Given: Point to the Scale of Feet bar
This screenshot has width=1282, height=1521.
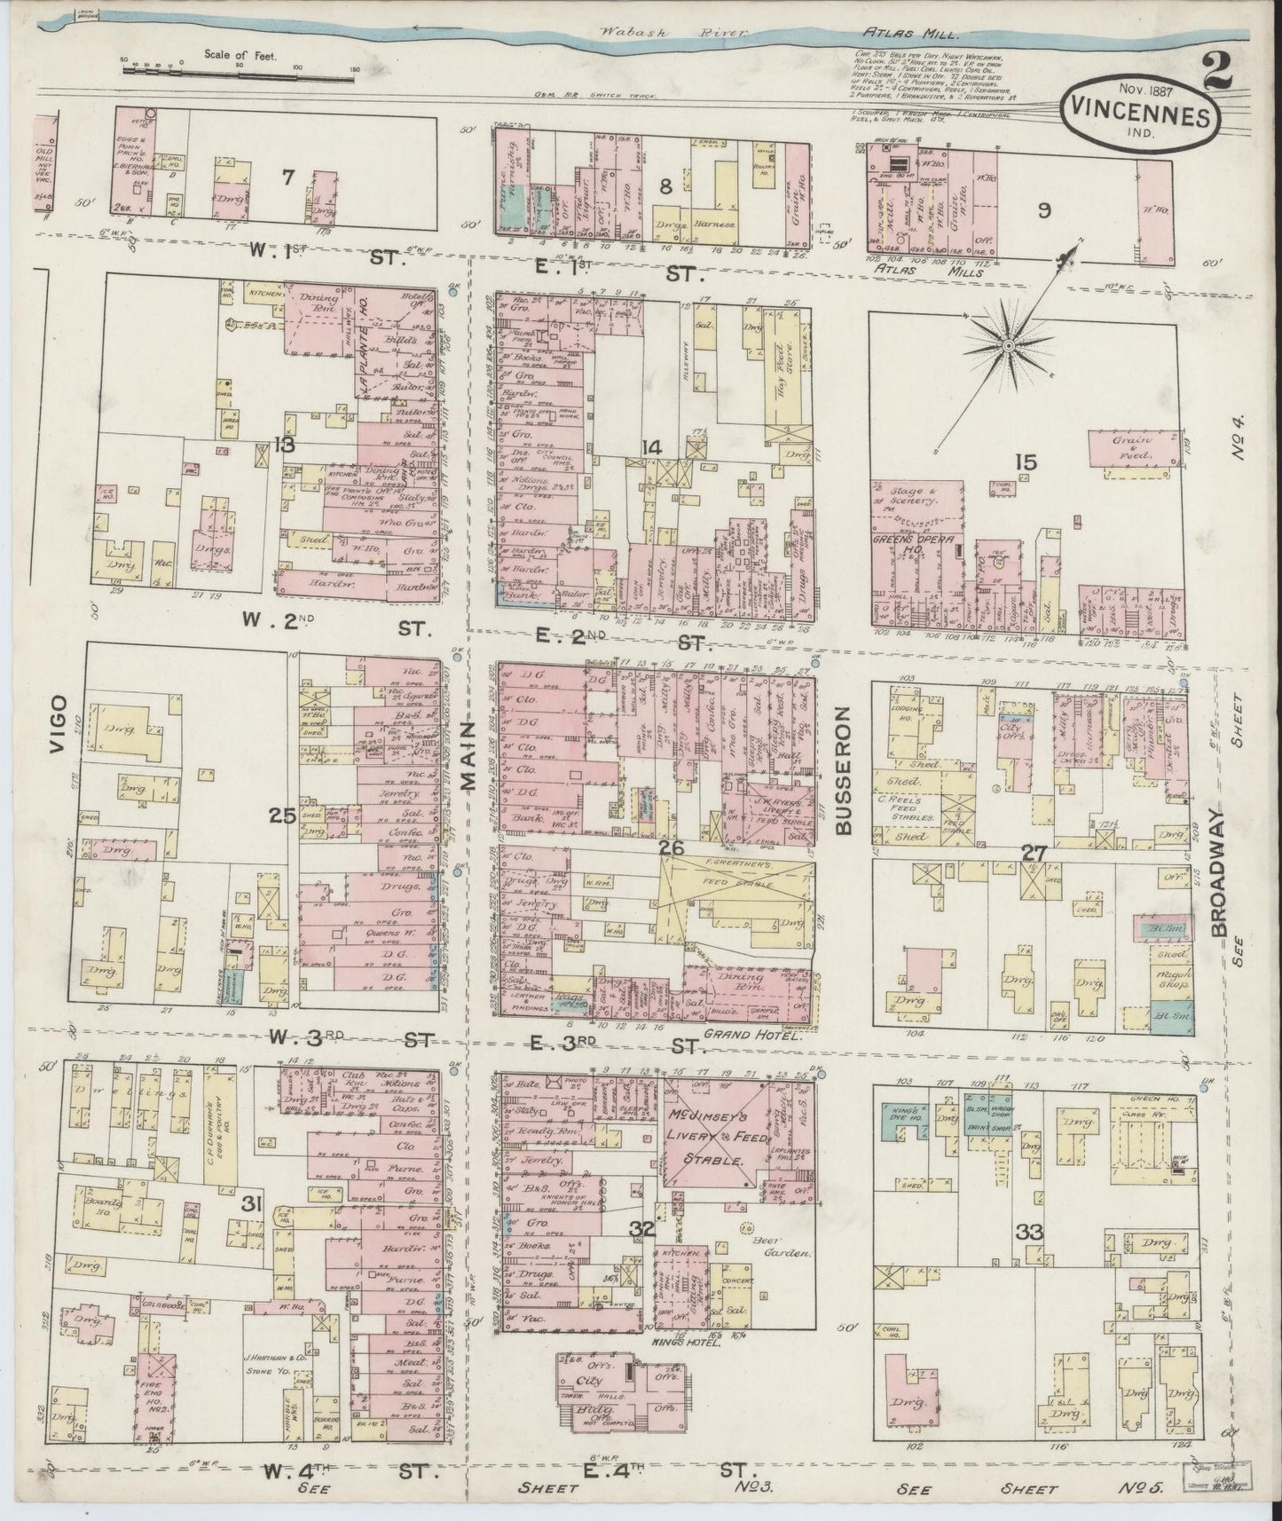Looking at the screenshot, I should click(x=240, y=68).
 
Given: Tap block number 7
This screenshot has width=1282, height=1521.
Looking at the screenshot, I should click(x=287, y=177).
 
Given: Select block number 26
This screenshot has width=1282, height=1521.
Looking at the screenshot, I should click(x=672, y=848).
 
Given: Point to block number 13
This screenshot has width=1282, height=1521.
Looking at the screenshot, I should click(x=284, y=445).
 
